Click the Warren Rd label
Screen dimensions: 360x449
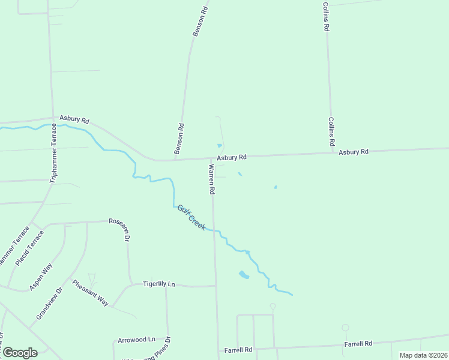click(x=211, y=179)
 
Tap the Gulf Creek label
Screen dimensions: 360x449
click(x=191, y=217)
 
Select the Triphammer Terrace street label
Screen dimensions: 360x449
click(x=53, y=152)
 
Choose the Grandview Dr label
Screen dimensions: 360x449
click(x=49, y=304)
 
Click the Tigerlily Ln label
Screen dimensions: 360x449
click(x=159, y=284)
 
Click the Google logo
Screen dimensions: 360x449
click(x=20, y=353)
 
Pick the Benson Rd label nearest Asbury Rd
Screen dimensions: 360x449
click(x=179, y=139)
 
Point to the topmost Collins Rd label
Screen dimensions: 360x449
click(x=325, y=16)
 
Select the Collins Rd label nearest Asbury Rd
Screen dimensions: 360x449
click(x=331, y=132)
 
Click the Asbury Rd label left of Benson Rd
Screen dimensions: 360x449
click(x=74, y=119)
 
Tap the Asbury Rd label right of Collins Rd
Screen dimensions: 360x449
click(x=353, y=152)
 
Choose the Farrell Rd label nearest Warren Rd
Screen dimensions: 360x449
click(x=238, y=349)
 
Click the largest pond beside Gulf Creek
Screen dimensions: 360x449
click(x=243, y=275)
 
